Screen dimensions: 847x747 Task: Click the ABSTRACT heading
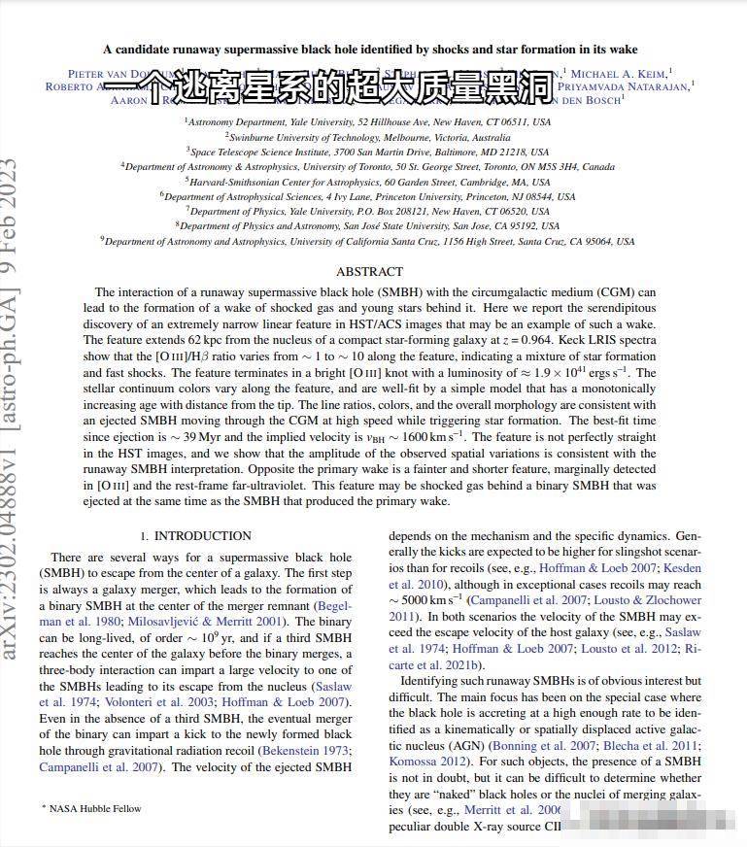369,272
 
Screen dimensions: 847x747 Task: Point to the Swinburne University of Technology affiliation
368,137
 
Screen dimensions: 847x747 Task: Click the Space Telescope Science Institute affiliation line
368,152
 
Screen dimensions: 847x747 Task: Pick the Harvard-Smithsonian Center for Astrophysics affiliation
368,182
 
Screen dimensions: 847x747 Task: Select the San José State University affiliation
368,225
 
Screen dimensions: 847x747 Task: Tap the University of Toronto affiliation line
368,166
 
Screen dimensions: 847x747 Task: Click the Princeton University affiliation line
368,196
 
